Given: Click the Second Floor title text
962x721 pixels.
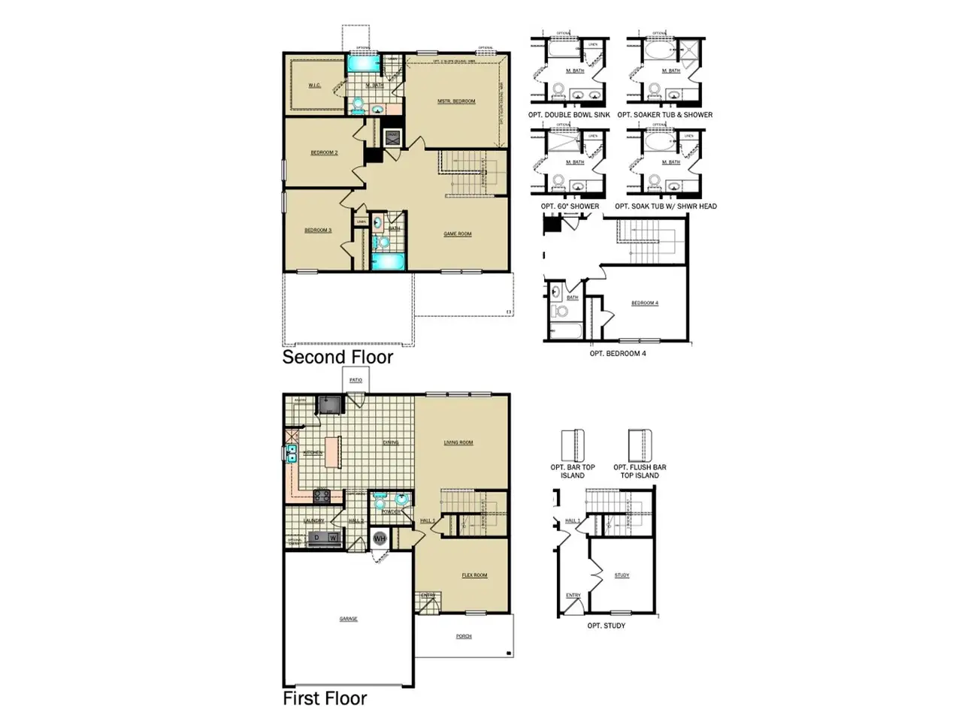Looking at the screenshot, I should click(x=337, y=357).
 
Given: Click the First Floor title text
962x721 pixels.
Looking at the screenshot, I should click(x=325, y=698).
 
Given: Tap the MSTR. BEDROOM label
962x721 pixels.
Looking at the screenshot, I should click(x=456, y=101).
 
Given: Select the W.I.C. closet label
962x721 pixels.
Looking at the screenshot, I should click(x=314, y=86).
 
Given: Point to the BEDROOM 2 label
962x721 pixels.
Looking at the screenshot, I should click(x=324, y=152).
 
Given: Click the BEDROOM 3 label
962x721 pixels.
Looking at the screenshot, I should click(x=318, y=230).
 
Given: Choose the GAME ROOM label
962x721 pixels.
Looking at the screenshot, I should click(x=457, y=234).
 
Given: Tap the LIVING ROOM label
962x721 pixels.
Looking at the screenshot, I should click(x=458, y=442).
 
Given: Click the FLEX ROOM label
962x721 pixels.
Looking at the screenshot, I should click(x=474, y=575).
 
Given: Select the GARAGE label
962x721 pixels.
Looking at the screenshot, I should click(x=348, y=619).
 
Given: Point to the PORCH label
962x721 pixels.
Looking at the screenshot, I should click(x=464, y=636).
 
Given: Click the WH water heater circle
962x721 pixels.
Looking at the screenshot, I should click(x=380, y=538).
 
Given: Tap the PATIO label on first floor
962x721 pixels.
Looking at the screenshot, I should click(x=355, y=381).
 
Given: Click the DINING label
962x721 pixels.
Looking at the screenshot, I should click(x=391, y=442).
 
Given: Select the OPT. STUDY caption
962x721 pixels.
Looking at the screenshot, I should click(x=606, y=626).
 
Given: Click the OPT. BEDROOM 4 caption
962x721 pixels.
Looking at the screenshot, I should click(x=617, y=353).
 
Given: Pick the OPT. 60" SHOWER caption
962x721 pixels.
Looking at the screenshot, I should click(x=570, y=206).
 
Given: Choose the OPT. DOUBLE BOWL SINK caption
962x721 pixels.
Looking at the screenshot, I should click(x=569, y=115).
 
